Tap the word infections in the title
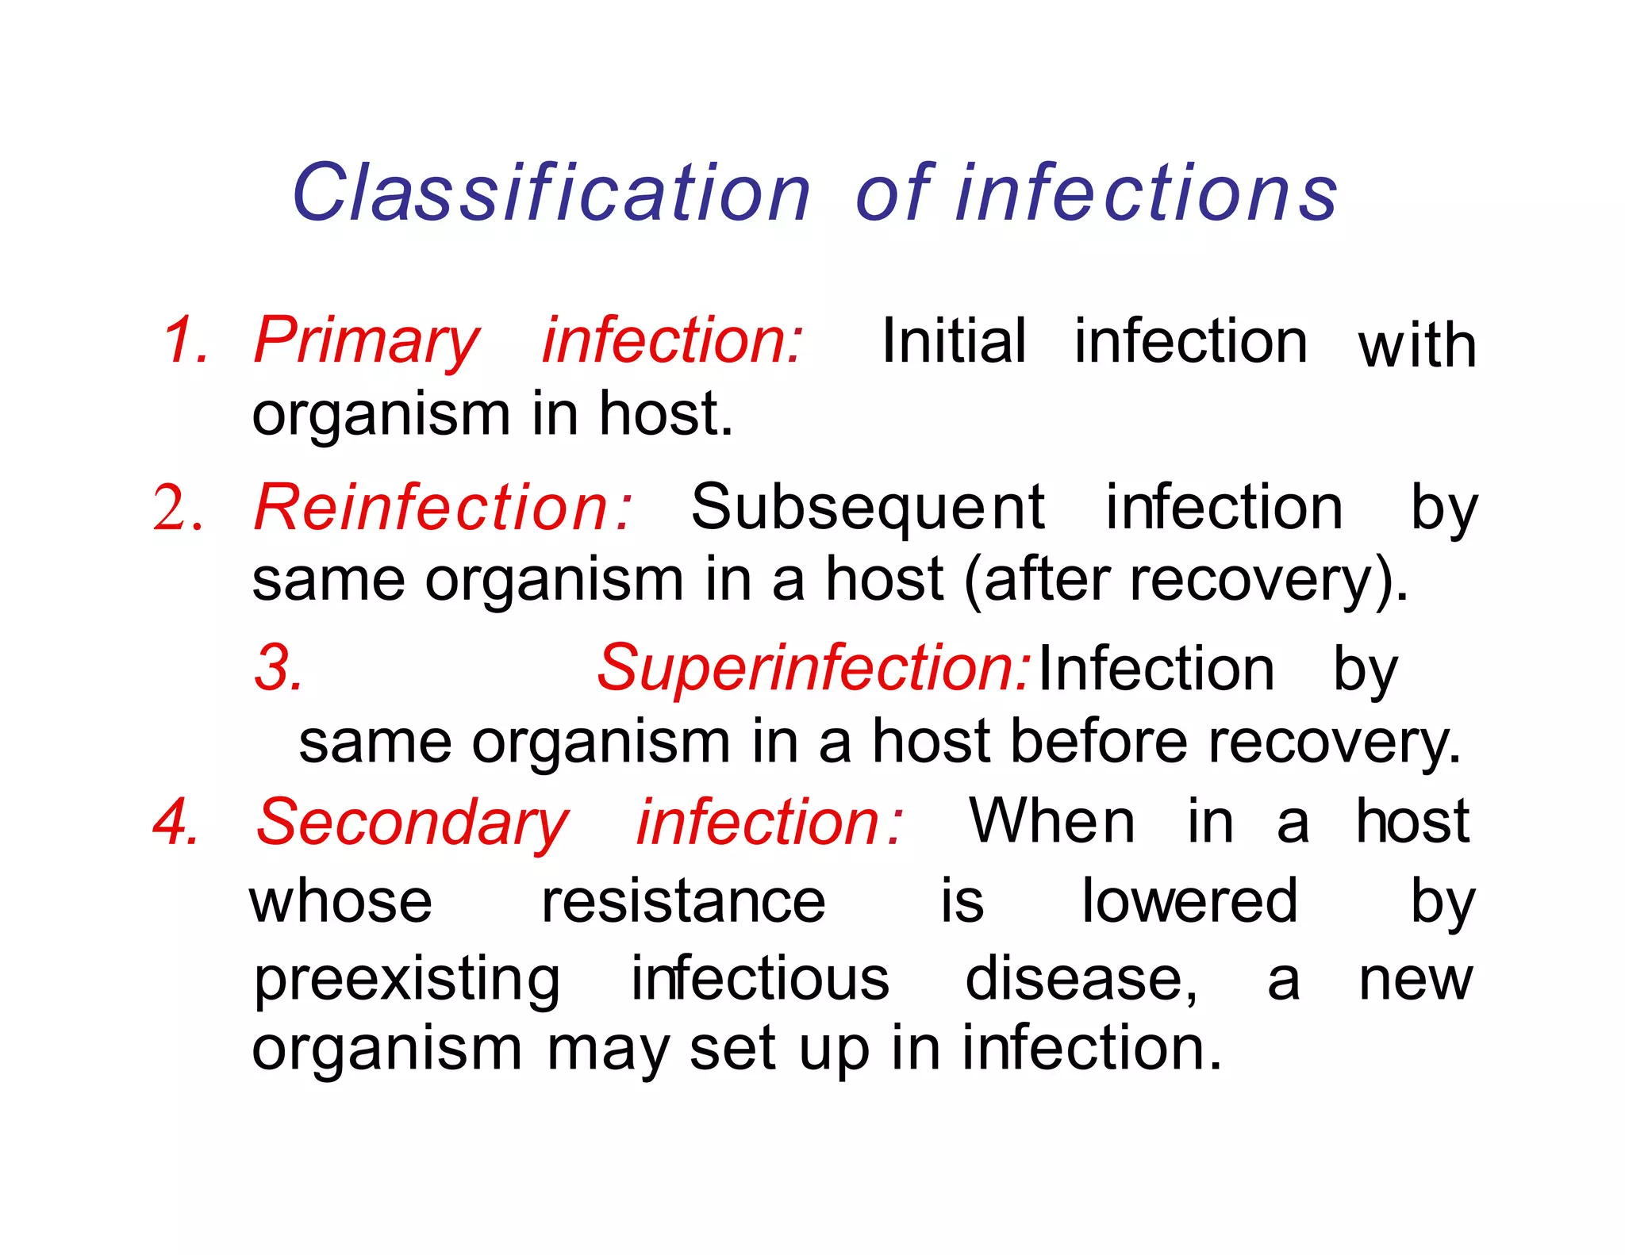pos(1147,193)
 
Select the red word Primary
pos(367,341)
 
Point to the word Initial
pos(954,341)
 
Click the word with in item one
pos(1417,346)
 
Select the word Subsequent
pos(867,509)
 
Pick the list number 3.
pos(279,668)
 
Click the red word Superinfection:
pos(813,668)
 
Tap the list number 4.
pos(175,822)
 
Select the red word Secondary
pos(412,823)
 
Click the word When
pos(1052,822)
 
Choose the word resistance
pos(683,902)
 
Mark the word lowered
pos(1189,902)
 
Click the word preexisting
pos(407,981)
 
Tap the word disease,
pos(1081,979)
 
